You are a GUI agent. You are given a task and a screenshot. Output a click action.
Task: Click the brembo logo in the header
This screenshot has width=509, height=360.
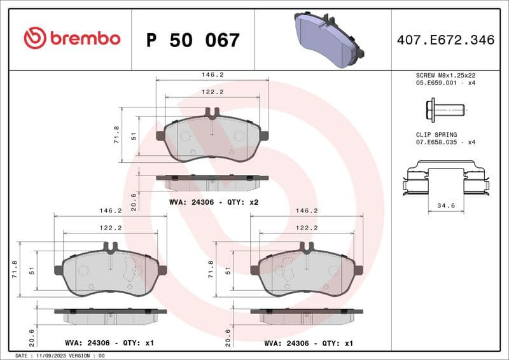71,39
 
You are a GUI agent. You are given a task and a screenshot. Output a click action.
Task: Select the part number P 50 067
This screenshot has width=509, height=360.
193,40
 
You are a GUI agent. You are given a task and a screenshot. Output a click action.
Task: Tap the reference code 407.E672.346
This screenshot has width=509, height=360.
445,40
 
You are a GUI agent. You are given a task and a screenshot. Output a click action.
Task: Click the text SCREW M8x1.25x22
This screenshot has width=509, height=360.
445,75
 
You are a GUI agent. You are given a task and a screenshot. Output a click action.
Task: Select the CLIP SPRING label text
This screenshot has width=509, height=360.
433,135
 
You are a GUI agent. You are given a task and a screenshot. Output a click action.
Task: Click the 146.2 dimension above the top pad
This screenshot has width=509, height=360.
213,74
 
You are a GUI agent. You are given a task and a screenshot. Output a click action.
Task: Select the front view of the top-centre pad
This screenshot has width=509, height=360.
213,137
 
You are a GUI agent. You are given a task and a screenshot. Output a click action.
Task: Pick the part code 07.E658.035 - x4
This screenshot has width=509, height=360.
445,143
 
